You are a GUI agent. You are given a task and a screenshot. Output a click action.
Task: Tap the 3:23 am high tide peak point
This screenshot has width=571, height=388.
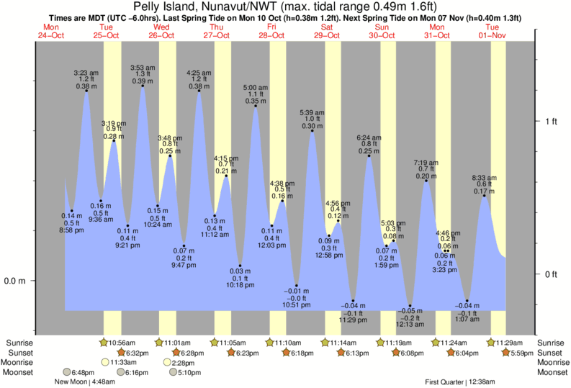(x=86, y=91)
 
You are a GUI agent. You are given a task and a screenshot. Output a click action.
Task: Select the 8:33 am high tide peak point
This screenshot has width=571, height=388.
(x=483, y=197)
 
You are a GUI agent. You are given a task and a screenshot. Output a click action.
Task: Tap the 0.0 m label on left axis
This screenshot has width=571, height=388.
(x=14, y=281)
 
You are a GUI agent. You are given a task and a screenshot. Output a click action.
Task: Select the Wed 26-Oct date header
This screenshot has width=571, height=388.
(x=162, y=32)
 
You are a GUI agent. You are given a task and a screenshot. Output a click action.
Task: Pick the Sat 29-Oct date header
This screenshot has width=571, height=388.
(x=328, y=32)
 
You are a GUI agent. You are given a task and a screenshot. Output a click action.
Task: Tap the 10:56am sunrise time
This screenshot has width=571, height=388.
(x=124, y=343)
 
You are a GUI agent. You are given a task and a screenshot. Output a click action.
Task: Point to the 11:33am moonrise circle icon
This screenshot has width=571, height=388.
(x=106, y=362)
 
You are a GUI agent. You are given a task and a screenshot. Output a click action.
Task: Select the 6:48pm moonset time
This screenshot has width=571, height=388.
(x=80, y=372)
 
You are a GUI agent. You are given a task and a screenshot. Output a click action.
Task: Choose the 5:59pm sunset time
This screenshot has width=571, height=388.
(x=518, y=353)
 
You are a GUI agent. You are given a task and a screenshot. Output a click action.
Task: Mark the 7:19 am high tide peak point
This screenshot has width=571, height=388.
(x=427, y=181)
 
